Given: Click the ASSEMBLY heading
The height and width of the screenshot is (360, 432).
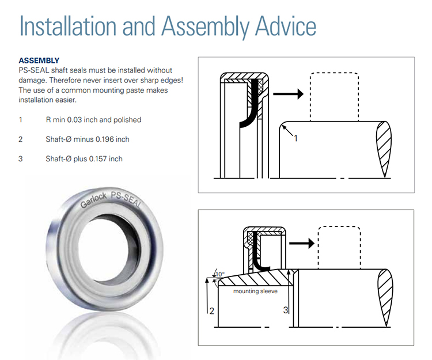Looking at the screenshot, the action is tap(39, 60).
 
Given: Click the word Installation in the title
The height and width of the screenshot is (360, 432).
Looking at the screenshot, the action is tap(68, 26).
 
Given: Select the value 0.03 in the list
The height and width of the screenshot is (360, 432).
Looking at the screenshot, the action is tap(74, 120).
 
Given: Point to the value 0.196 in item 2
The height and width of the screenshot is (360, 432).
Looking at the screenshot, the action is tap(105, 139).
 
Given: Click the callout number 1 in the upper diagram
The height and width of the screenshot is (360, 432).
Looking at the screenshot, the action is tap(295, 138).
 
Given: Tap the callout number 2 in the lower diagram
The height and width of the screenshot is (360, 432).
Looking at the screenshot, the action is tap(211, 311).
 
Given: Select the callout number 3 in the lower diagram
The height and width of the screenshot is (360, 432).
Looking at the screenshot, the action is tap(286, 310).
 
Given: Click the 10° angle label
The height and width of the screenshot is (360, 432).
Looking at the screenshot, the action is tap(220, 274).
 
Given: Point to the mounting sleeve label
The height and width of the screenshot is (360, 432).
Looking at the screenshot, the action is tap(255, 291).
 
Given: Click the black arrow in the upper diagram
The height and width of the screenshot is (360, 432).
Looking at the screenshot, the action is tap(288, 94).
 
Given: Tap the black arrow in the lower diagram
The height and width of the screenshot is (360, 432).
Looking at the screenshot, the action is tap(302, 243).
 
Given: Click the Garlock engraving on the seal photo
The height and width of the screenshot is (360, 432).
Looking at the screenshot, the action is tap(93, 200).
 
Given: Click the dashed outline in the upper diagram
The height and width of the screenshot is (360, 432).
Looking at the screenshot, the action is tap(310, 96).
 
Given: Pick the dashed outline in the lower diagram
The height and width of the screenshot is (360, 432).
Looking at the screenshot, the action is tap(319, 247).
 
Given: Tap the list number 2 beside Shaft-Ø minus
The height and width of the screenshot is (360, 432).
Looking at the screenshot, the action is tap(21, 139).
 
